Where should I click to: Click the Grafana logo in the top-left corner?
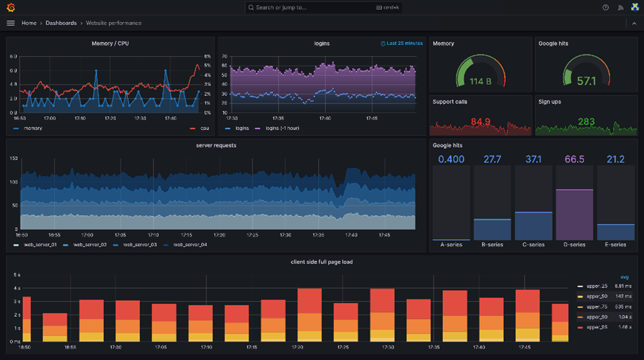(10, 7)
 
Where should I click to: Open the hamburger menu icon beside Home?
(10, 23)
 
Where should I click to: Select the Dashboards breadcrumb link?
(61, 23)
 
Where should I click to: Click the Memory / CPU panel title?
(111, 44)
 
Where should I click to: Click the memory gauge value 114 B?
(480, 81)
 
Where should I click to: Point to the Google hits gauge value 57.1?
(586, 81)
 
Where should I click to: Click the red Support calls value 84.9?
(480, 121)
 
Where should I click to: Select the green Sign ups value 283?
(586, 121)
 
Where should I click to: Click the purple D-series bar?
(574, 215)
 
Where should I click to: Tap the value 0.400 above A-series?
(451, 160)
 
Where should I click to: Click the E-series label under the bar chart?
(615, 245)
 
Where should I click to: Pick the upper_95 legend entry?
(596, 327)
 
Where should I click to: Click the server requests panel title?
(216, 145)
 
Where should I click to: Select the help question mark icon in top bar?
(606, 7)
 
